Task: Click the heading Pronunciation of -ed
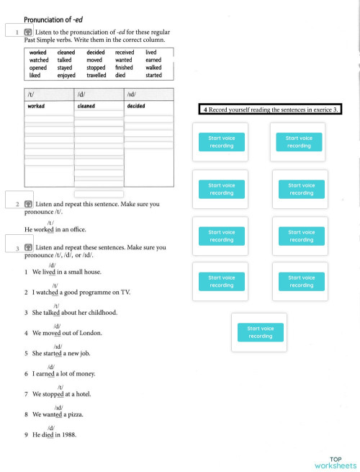point(53,19)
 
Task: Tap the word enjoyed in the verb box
point(66,75)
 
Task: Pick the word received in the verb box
point(124,53)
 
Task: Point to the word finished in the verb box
point(124,68)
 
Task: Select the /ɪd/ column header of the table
point(131,94)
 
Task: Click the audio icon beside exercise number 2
point(27,205)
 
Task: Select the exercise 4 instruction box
point(269,110)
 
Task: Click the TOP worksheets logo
point(335,463)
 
